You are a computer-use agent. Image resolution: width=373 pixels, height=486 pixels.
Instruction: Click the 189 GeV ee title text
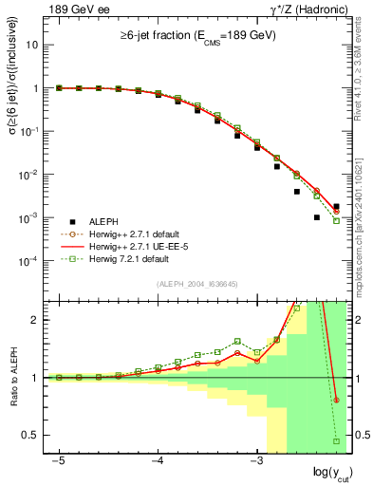(72, 9)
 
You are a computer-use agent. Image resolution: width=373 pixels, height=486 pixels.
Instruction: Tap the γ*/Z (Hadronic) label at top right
(305, 9)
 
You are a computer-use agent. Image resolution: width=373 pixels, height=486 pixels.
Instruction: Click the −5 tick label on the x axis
(59, 460)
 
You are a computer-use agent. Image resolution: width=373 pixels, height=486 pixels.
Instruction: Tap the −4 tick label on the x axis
(158, 460)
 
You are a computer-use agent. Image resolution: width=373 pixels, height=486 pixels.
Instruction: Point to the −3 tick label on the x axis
(256, 460)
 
